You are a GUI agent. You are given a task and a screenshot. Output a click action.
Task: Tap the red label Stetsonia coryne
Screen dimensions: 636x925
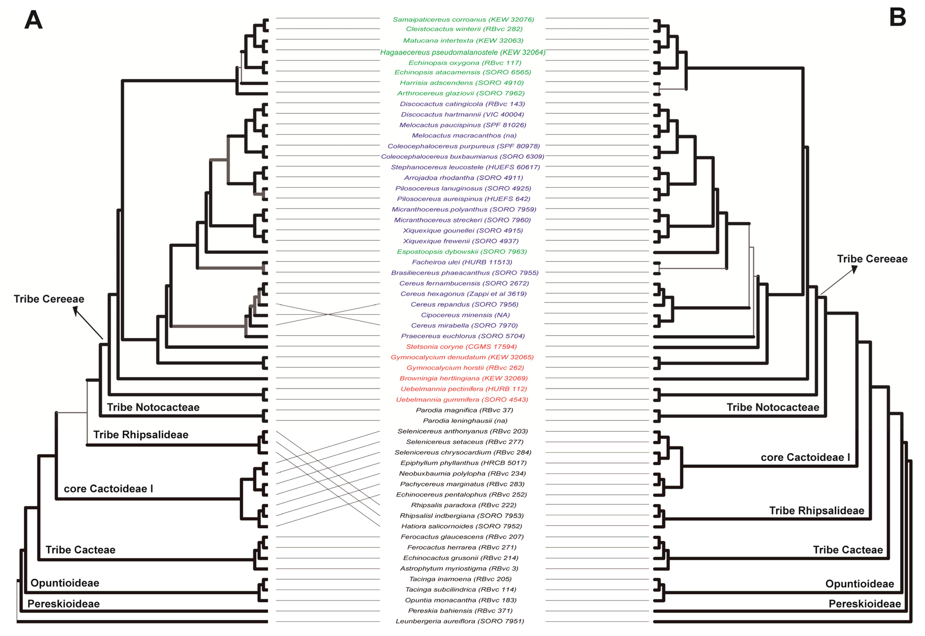pos(461,347)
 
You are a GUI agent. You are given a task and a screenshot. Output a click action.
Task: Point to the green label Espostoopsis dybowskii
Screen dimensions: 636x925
pos(462,252)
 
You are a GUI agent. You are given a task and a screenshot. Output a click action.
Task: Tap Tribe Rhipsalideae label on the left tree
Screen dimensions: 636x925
pos(141,435)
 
